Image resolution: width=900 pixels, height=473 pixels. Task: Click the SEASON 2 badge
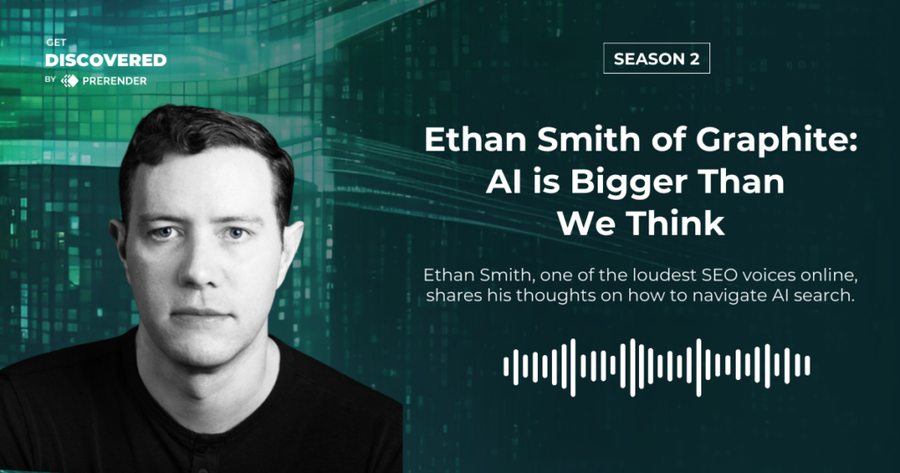[x=657, y=59]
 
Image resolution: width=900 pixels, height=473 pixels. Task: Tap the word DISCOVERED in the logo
[x=105, y=60]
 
